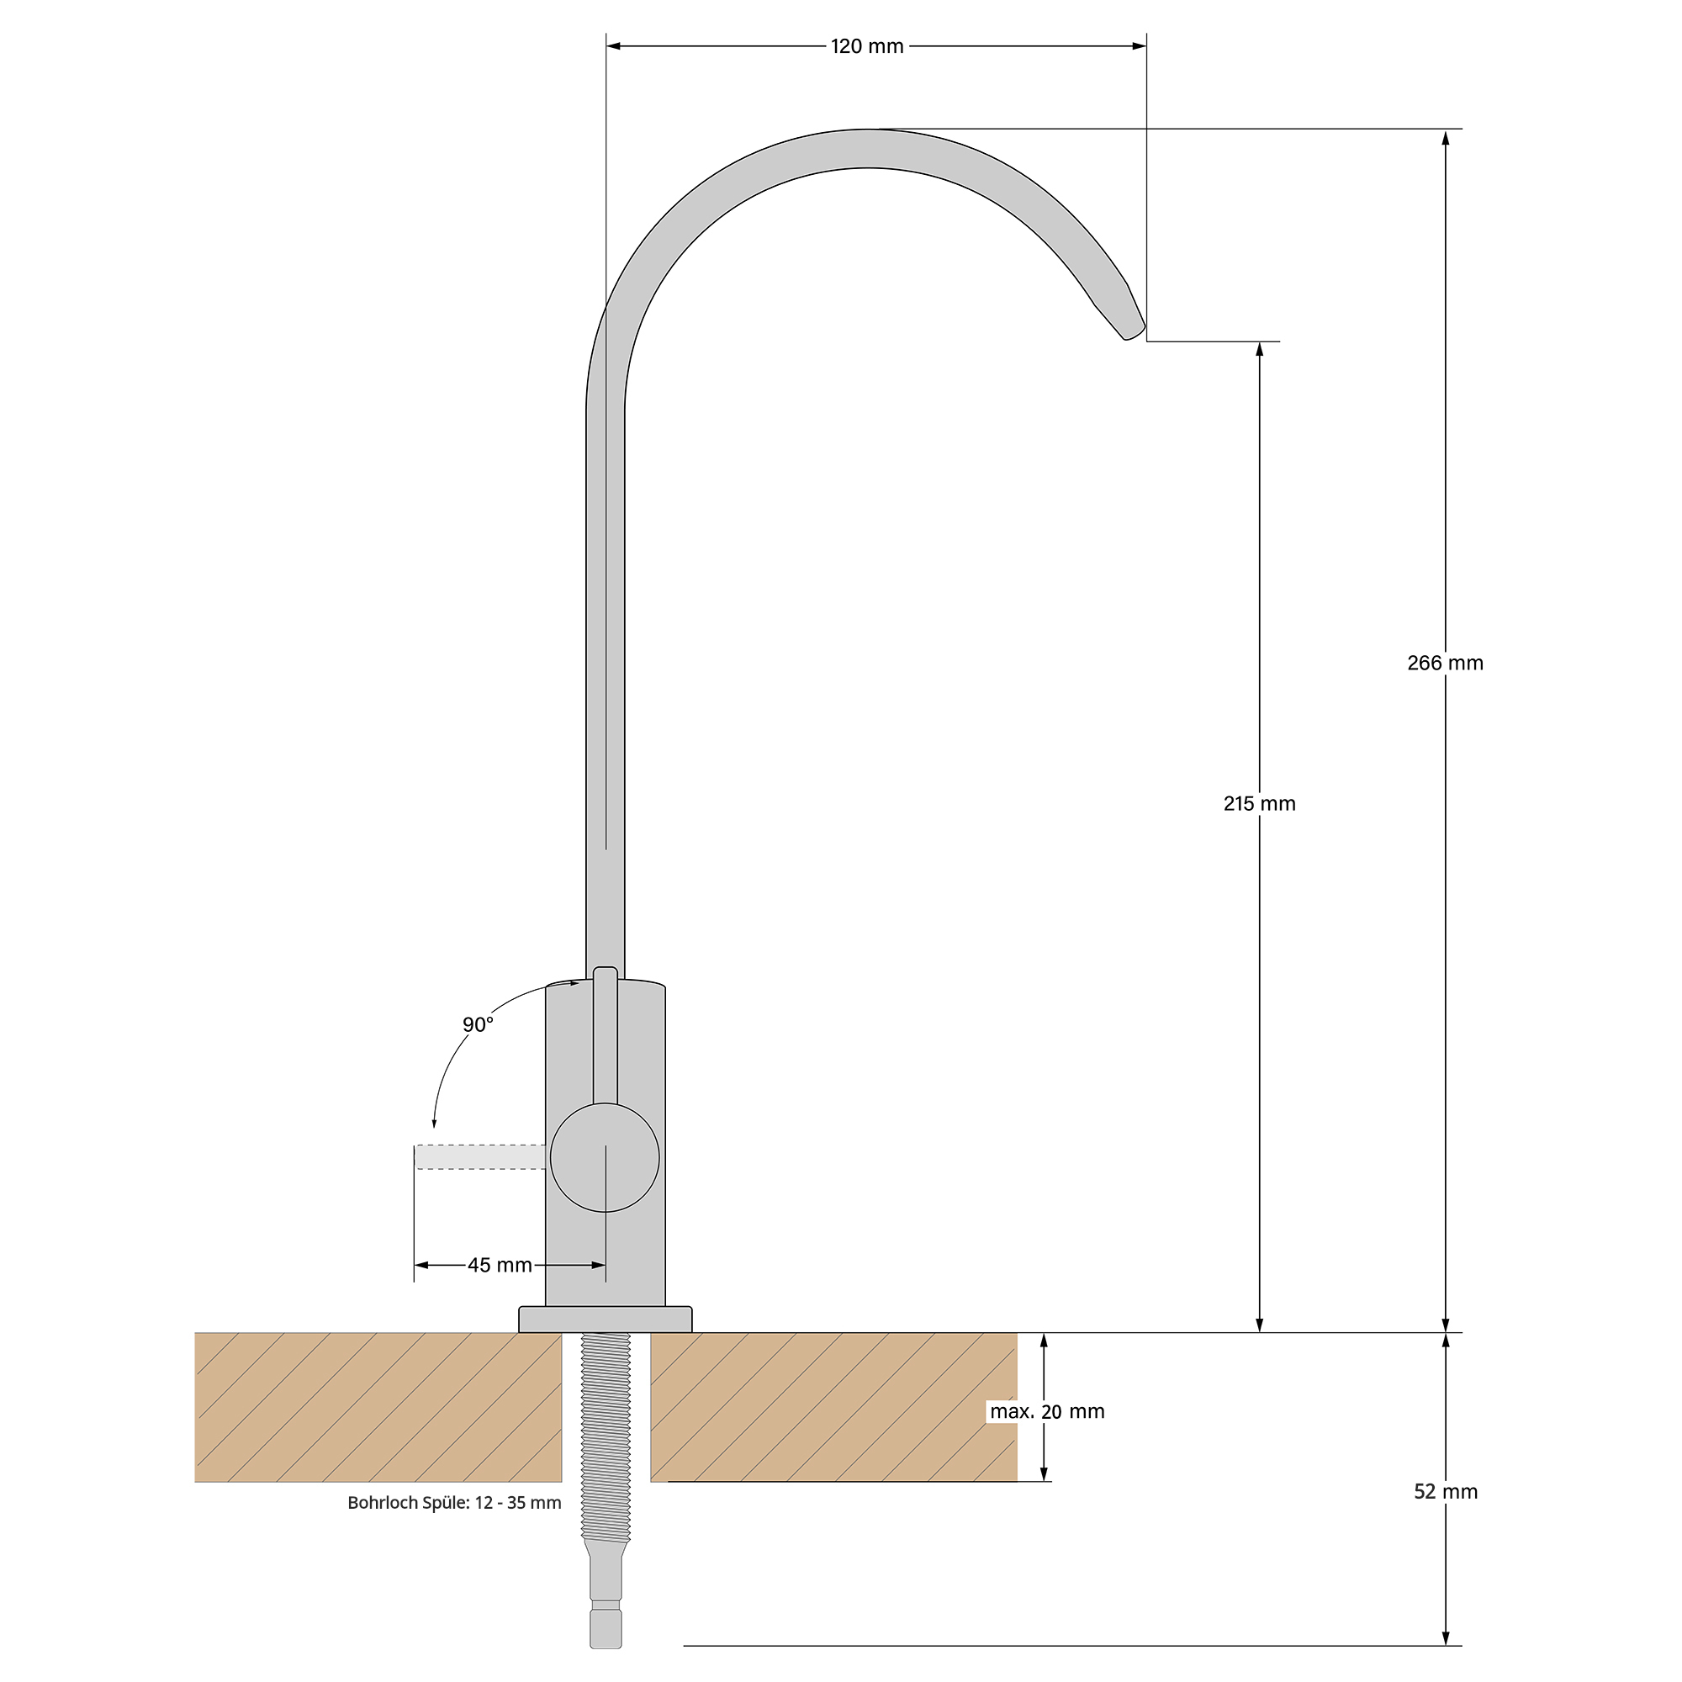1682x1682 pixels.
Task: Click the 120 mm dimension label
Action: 867,46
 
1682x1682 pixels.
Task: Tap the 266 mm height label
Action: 1445,663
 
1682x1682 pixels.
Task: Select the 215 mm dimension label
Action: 1259,803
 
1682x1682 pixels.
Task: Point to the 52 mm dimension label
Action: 1445,1491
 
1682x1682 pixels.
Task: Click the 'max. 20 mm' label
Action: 1046,1411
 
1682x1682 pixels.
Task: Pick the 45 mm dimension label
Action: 500,1265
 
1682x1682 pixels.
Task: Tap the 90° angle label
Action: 478,1024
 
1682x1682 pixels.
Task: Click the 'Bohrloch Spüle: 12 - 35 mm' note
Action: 453,1503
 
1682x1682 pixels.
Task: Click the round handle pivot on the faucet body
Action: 605,1157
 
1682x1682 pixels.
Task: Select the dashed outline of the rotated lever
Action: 480,1157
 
